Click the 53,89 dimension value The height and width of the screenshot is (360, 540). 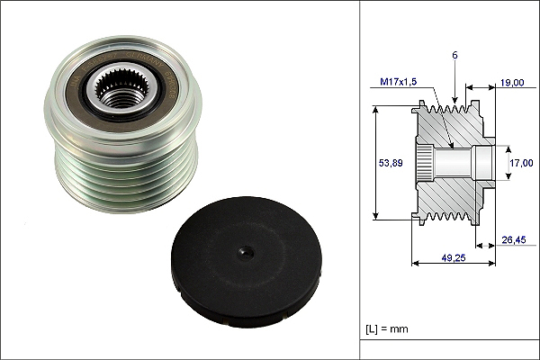pos(391,163)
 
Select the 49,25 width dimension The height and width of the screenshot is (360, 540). pos(454,257)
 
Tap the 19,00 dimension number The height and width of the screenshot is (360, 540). pos(512,83)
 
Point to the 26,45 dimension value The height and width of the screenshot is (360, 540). pos(514,239)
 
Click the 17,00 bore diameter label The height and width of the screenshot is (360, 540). pos(521,163)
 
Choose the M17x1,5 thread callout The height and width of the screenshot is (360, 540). pos(398,82)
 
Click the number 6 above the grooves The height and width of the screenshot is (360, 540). pos(454,55)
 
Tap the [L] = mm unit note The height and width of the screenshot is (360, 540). pos(387,328)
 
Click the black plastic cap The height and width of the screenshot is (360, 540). pos(247,262)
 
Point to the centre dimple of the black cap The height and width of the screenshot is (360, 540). pos(247,254)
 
